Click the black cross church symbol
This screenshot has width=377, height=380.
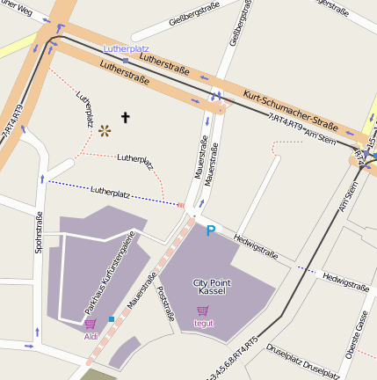click(125, 116)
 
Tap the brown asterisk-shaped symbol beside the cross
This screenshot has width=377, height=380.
click(106, 131)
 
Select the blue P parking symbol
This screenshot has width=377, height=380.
click(210, 230)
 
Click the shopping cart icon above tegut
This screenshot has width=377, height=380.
click(203, 311)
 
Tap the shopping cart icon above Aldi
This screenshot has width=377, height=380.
click(91, 325)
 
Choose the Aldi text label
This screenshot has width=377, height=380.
click(91, 336)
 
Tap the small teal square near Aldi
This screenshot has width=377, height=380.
click(111, 318)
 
